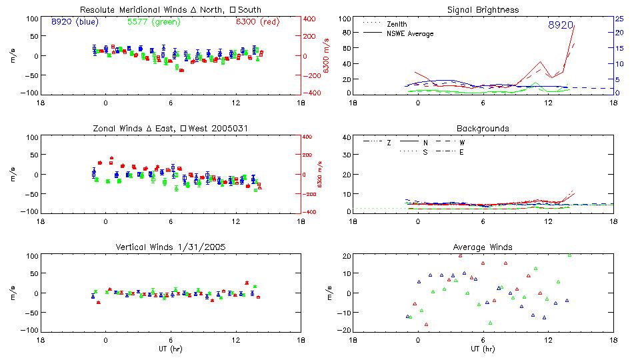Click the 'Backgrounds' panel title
(x=483, y=128)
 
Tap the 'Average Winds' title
(x=483, y=247)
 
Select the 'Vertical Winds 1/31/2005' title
(x=170, y=247)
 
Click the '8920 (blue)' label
(x=74, y=22)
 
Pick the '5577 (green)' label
(x=153, y=22)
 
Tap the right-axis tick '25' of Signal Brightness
(x=619, y=18)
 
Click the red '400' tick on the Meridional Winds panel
(x=311, y=18)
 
